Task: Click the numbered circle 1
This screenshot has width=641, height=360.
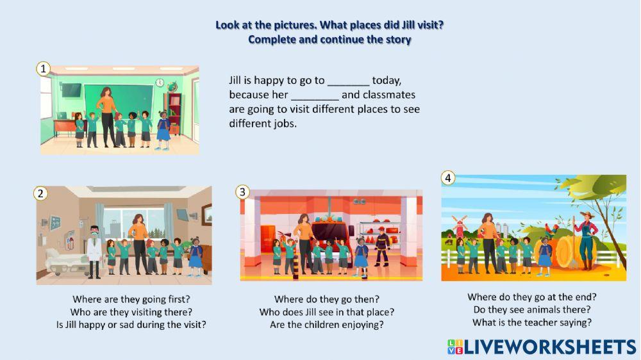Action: (x=43, y=69)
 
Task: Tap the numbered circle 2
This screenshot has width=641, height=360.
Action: (x=40, y=193)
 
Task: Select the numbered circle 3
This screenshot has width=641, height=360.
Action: (x=242, y=192)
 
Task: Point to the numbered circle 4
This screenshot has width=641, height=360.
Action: (x=448, y=177)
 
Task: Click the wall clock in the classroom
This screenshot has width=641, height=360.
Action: (x=160, y=83)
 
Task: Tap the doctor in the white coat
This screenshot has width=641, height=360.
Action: (x=94, y=252)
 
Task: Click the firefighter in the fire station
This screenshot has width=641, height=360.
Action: (x=381, y=247)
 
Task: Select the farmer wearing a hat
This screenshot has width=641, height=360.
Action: (x=587, y=241)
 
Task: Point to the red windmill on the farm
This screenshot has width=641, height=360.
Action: (x=459, y=226)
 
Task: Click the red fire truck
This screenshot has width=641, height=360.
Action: (x=332, y=238)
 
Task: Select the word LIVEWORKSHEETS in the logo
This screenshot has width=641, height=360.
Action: (x=550, y=347)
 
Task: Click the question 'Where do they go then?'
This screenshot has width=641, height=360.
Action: (x=327, y=299)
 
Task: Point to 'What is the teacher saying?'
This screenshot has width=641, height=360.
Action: (x=532, y=322)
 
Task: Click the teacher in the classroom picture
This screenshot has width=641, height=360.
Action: (x=108, y=117)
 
